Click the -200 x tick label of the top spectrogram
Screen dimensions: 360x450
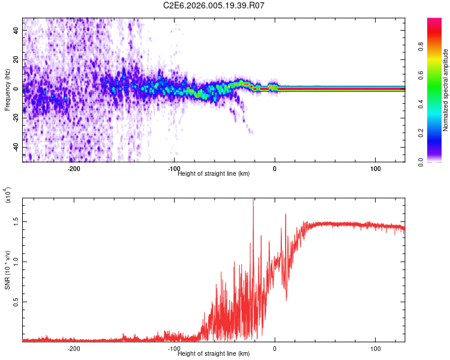[x=74, y=169]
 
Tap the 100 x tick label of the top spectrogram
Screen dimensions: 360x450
[x=375, y=169]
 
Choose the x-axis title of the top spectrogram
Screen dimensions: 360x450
[x=214, y=173]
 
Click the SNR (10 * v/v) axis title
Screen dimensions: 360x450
[x=7, y=270]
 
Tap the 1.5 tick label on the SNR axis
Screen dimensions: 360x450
[x=16, y=221]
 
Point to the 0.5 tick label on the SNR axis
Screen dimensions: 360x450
[x=16, y=302]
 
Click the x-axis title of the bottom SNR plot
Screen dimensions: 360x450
[x=214, y=353]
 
